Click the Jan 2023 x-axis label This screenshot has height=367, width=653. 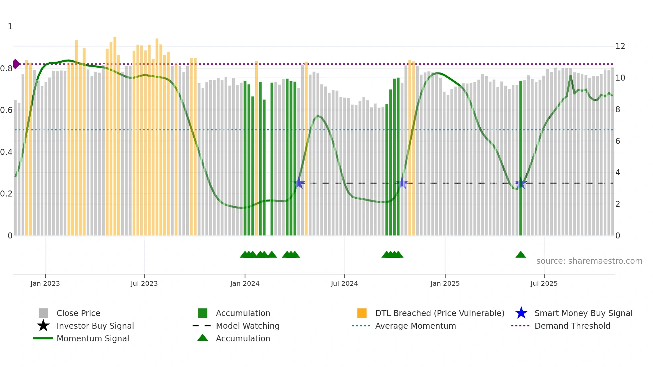coord(45,283)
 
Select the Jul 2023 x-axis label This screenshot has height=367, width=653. coord(144,283)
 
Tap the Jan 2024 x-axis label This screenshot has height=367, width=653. coord(245,283)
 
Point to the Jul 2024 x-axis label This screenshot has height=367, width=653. coord(344,283)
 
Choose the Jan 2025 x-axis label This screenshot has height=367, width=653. coord(445,283)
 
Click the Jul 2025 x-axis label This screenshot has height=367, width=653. coord(544,283)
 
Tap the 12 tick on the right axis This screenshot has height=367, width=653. coord(620,46)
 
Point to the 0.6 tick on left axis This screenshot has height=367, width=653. coord(6,110)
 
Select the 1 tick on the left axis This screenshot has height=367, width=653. coord(10,27)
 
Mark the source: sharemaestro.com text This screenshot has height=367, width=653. coord(589,261)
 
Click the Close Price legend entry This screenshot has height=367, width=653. coord(78,313)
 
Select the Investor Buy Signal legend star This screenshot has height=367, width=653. coord(43,326)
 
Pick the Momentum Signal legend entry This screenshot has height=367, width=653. coord(93,338)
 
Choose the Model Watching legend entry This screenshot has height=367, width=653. coord(248,326)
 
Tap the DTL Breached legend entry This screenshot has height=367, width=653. coord(439,313)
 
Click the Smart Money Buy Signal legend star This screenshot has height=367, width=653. coord(521,313)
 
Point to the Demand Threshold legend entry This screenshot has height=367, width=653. coord(572,326)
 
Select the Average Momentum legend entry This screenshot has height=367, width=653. coord(415,326)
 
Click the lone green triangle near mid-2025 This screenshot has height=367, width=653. coord(520,255)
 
